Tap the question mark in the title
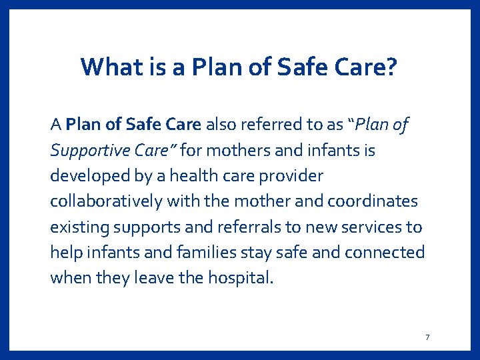[393, 67]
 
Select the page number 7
[427, 337]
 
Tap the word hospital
[243, 278]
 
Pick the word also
[219, 125]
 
